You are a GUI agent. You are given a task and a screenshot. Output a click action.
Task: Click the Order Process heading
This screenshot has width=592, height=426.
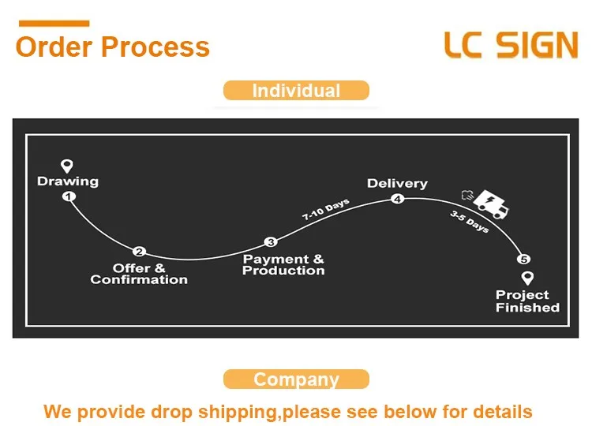113,47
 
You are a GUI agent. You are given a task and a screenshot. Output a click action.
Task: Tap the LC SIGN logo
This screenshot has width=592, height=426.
511,45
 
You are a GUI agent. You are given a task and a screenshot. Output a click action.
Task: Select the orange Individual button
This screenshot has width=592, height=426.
296,91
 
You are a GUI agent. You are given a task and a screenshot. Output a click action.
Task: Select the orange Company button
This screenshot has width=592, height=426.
296,379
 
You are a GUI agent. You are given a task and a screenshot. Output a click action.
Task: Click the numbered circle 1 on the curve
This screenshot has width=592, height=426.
69,196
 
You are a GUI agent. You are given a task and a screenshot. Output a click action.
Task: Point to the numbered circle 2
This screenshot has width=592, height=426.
139,252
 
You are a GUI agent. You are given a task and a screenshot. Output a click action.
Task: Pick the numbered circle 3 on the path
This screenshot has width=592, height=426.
271,242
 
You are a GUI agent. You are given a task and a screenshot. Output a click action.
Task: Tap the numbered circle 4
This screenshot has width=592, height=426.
398,199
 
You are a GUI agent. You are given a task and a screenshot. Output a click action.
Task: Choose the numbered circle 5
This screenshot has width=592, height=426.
523,259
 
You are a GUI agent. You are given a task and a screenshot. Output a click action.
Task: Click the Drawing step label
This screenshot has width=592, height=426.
68,181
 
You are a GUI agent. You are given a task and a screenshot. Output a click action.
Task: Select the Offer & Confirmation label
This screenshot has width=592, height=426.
139,274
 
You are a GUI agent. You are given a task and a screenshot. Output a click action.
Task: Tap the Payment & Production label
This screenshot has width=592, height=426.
283,264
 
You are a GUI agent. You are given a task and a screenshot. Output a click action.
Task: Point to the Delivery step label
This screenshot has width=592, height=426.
397,184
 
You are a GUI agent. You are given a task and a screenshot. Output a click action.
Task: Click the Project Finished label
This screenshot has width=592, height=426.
527,301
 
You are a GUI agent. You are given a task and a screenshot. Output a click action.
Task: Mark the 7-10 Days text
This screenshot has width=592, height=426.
325,210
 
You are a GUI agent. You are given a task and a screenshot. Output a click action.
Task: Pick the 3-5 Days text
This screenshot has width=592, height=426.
470,222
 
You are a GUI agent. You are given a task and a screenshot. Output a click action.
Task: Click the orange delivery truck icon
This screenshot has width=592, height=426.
489,204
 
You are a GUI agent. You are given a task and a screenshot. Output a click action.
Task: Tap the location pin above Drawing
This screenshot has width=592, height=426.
67,166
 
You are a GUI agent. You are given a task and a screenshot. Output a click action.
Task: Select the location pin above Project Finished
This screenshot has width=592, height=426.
527,278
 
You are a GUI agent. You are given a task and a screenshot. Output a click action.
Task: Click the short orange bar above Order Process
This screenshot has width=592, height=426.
53,24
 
